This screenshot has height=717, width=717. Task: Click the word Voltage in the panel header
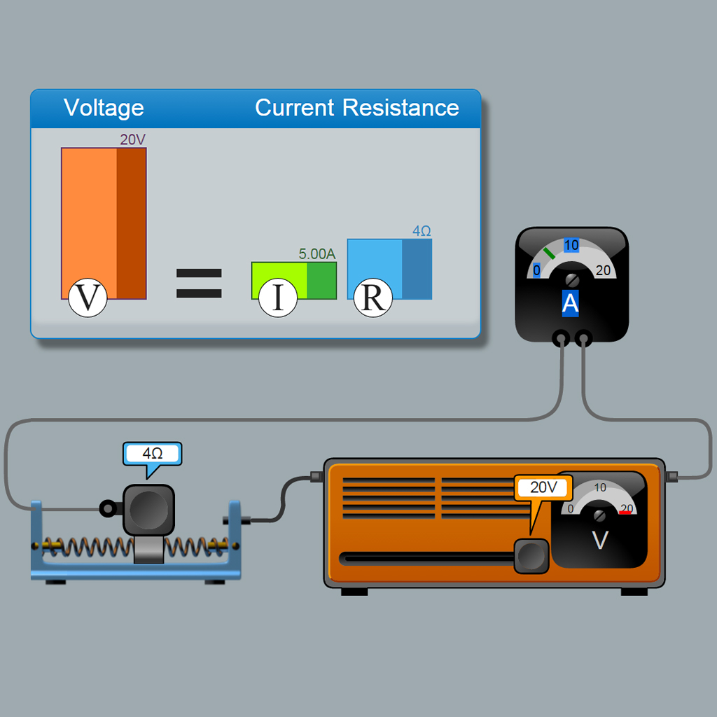(104, 108)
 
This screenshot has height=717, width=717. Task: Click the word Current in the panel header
(294, 108)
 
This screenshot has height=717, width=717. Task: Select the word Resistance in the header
(401, 108)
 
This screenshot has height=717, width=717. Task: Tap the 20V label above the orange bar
(132, 139)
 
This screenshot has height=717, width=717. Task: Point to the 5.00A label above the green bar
(317, 254)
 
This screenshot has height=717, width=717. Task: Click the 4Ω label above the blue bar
(422, 230)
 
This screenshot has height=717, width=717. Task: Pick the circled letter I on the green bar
(278, 298)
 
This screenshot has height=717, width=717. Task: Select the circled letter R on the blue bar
(373, 298)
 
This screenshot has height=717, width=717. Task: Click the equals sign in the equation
(199, 283)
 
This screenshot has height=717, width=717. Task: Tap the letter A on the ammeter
(571, 303)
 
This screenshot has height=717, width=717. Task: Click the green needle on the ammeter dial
(549, 252)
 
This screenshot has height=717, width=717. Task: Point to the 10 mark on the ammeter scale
(571, 245)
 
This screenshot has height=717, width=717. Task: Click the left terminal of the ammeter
(561, 339)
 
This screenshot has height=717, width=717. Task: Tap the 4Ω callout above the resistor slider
(153, 454)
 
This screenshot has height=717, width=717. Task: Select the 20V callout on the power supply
(543, 487)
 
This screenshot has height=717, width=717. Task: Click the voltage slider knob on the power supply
(531, 557)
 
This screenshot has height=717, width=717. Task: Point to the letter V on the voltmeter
(600, 541)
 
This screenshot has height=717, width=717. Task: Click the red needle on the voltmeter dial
(625, 513)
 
